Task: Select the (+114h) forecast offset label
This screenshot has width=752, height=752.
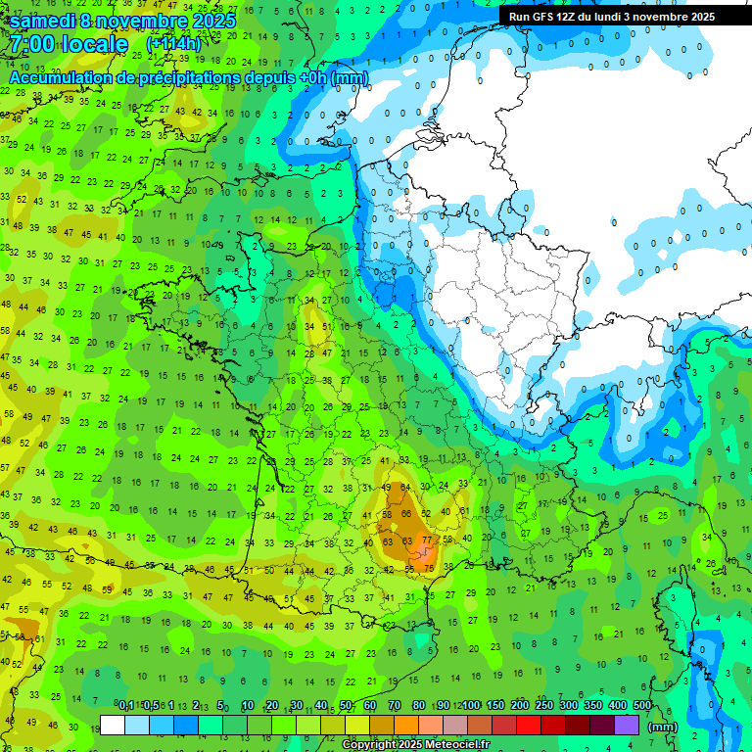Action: (x=173, y=44)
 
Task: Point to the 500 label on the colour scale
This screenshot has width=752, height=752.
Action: (x=642, y=705)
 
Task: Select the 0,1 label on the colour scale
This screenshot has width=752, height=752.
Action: (x=126, y=705)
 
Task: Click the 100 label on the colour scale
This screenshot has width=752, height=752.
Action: (x=471, y=705)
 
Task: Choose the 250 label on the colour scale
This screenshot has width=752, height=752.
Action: (x=544, y=705)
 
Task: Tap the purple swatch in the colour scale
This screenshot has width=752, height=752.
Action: (x=627, y=725)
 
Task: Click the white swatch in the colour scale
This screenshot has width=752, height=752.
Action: (x=113, y=725)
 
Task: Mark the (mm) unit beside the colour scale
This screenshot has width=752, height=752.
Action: (x=664, y=728)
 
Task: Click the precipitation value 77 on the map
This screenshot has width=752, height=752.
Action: (x=426, y=540)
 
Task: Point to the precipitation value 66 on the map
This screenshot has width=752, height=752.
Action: (x=406, y=514)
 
